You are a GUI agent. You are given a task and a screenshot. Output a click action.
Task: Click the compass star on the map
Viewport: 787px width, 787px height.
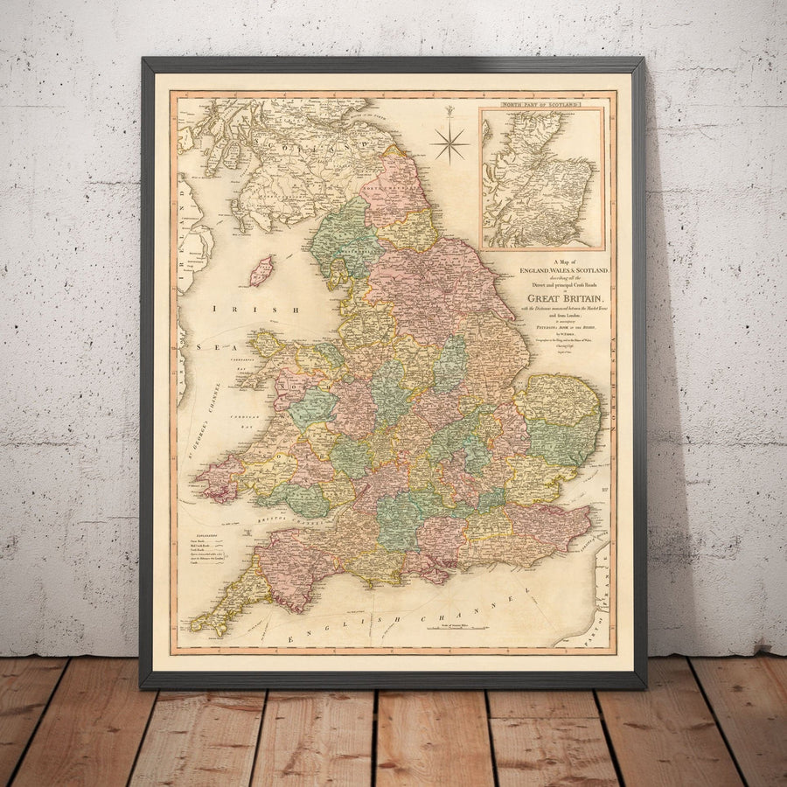click(x=450, y=142)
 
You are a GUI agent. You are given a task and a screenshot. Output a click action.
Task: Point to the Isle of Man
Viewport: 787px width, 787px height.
click(x=261, y=270)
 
